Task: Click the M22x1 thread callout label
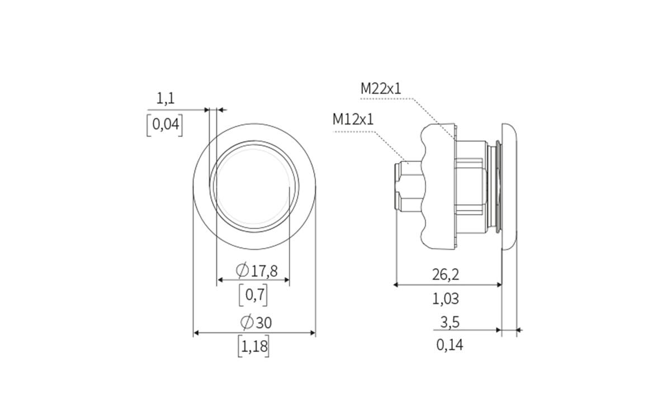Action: (x=381, y=88)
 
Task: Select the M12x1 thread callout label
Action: (x=353, y=119)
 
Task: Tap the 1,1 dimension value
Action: (x=166, y=99)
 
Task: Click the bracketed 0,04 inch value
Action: (x=164, y=125)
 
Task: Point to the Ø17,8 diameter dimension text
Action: (x=257, y=272)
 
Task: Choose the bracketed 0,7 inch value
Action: (x=253, y=295)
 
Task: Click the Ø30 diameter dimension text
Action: (x=256, y=322)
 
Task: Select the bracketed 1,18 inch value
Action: (x=253, y=347)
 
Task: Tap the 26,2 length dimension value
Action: (x=446, y=274)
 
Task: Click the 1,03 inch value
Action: (x=446, y=299)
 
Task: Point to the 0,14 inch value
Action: (x=450, y=345)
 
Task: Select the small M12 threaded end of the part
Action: (x=405, y=186)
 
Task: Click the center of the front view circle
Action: (x=254, y=186)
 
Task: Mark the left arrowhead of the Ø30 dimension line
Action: (x=196, y=333)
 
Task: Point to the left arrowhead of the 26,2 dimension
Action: (x=396, y=284)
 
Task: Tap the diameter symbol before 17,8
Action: (x=243, y=272)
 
